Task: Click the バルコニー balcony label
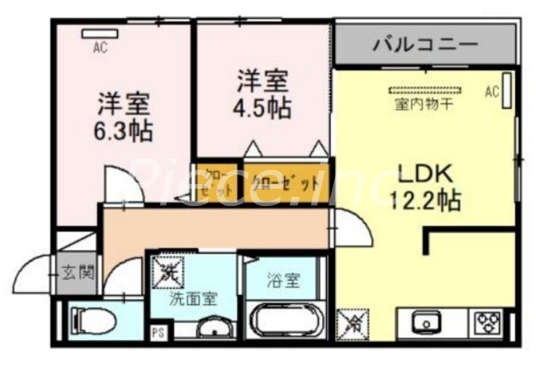coord(426,45)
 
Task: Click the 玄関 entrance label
coord(78,272)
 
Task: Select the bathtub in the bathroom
coord(285,323)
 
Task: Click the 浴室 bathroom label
coord(284,280)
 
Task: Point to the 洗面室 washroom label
coord(192,299)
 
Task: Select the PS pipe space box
coord(159,332)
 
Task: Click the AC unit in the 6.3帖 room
coord(101,32)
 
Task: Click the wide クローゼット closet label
coord(284,183)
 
